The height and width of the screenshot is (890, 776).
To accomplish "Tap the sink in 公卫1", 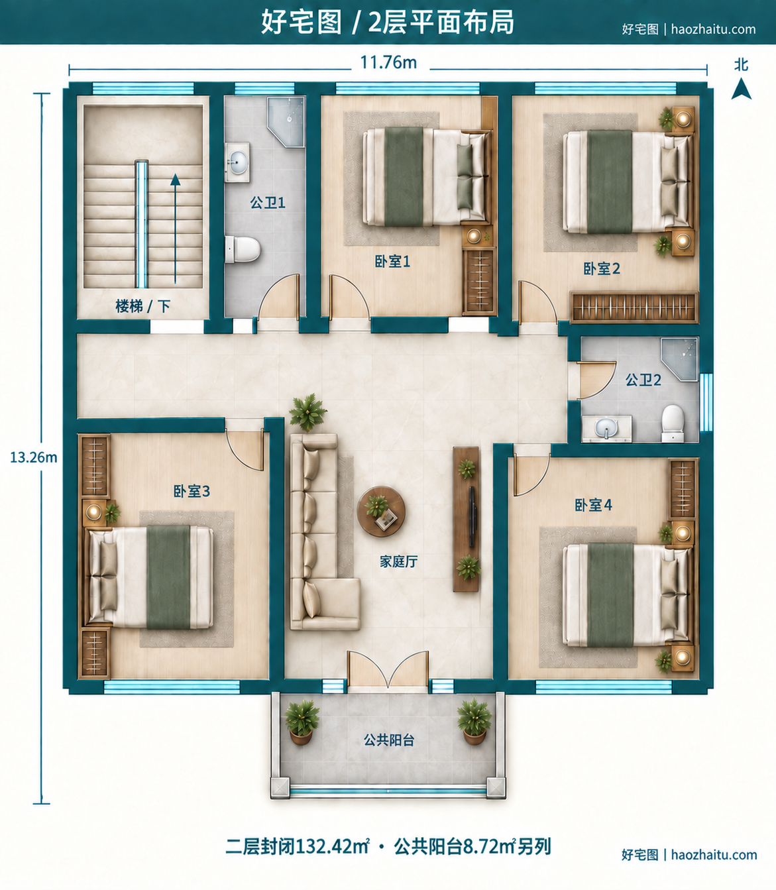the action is coord(237,162).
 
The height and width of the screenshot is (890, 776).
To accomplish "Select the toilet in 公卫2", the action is coord(673,423).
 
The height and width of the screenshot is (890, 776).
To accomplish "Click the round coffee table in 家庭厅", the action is coord(381,511).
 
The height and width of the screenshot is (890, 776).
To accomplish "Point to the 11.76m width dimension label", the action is coord(388,63).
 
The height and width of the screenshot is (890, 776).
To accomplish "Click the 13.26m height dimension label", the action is coord(34,458).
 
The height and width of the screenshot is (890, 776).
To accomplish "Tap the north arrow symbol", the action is coord(741,89).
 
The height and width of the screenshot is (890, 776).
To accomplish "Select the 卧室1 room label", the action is coord(392,261).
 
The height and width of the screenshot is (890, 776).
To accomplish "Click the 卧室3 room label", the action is coord(192,492).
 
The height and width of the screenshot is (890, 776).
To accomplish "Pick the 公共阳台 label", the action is coord(389,740).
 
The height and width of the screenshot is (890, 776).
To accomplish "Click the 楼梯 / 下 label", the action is coord(142,306).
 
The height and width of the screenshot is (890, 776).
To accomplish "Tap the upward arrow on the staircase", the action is coord(176,229).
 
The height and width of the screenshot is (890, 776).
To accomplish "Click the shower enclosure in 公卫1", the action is coord(286,122).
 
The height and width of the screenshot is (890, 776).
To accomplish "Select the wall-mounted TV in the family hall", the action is coord(472,517).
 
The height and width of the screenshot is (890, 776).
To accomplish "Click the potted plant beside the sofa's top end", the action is coord(307,412).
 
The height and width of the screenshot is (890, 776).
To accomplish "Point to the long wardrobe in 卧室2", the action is coord(634,307).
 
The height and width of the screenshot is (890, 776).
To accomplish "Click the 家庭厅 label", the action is coord(398,561).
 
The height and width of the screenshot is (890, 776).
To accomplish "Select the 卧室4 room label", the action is coord(593,505).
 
